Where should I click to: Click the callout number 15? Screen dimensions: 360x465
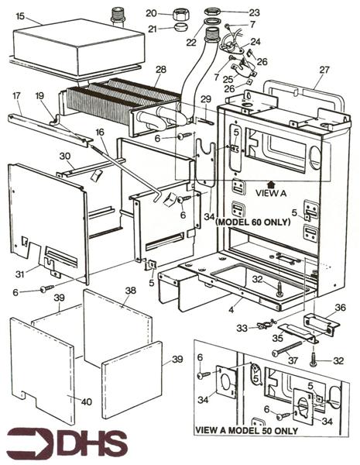(20, 16)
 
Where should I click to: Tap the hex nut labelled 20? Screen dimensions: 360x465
(181, 14)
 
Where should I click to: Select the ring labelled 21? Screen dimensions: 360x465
(181, 28)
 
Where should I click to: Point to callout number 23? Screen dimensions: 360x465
(254, 12)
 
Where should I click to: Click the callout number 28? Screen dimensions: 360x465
(161, 70)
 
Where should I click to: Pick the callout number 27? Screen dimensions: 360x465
(324, 70)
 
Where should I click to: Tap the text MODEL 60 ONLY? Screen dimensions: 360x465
(252, 222)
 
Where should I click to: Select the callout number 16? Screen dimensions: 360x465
(100, 132)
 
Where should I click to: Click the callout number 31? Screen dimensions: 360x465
(20, 274)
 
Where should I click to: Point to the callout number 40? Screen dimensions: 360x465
(87, 401)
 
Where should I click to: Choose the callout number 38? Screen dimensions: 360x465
(130, 291)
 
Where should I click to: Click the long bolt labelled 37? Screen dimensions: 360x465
(287, 347)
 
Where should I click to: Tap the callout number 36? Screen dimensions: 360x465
(340, 308)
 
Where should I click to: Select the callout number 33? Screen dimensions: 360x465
(242, 329)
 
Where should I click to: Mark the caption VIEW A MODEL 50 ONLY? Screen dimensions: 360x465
(246, 430)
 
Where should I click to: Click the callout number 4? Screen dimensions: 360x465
(231, 310)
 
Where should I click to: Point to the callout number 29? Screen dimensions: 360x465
(206, 99)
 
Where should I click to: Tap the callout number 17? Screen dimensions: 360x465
(16, 96)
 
